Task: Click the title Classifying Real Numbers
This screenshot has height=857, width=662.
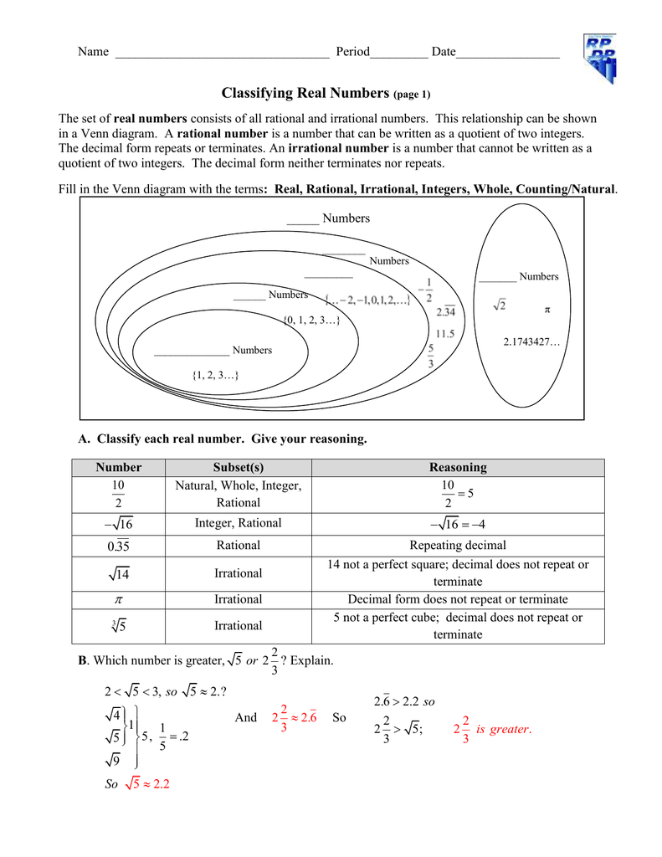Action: (305, 93)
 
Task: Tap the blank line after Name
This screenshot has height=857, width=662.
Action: (221, 53)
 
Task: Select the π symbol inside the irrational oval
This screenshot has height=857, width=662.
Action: (547, 310)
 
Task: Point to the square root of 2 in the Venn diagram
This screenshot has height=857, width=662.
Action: (499, 306)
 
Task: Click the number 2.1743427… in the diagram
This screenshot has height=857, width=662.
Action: (531, 342)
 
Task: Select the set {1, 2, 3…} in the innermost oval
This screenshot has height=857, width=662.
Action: (215, 376)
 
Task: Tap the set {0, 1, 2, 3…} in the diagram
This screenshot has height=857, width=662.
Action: (311, 320)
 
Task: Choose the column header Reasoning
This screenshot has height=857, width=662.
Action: (457, 467)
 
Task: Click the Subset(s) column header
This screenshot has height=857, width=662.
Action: (238, 467)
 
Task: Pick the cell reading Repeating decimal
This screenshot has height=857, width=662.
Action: (457, 546)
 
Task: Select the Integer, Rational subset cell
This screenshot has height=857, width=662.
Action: (238, 523)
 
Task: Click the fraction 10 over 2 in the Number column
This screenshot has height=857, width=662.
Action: (118, 494)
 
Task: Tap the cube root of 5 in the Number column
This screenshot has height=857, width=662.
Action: (118, 626)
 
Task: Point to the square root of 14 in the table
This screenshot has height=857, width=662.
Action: (118, 573)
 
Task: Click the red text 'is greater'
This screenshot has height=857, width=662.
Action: (503, 729)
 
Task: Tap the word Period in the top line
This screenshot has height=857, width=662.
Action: (352, 52)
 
